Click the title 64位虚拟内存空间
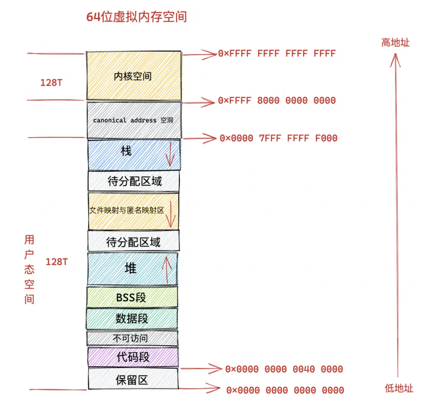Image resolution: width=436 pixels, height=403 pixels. pyautogui.click(x=136, y=17)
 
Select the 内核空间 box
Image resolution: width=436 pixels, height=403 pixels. pyautogui.click(x=134, y=76)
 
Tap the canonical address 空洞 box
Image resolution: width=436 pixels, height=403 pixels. pyautogui.click(x=134, y=120)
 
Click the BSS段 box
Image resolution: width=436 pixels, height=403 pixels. pyautogui.click(x=132, y=297)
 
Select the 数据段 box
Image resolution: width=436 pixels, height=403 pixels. pyautogui.click(x=132, y=318)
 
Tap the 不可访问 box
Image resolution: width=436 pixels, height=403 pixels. pyautogui.click(x=132, y=338)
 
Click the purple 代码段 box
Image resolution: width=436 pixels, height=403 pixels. pyautogui.click(x=133, y=357)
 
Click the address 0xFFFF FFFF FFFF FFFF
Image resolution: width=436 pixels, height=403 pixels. pyautogui.click(x=277, y=54)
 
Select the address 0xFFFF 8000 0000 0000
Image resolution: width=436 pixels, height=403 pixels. pyautogui.click(x=277, y=101)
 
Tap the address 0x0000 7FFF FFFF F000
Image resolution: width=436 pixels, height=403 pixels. pyautogui.click(x=279, y=138)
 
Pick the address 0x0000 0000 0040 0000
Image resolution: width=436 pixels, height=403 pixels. pyautogui.click(x=284, y=369)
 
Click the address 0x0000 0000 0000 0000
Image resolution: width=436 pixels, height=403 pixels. pyautogui.click(x=285, y=390)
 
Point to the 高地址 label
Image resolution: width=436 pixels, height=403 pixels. pyautogui.click(x=395, y=43)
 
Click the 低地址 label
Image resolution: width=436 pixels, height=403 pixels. pyautogui.click(x=399, y=388)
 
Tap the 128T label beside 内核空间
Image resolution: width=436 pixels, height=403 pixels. pyautogui.click(x=51, y=83)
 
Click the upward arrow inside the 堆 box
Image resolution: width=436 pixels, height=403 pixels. pyautogui.click(x=167, y=270)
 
